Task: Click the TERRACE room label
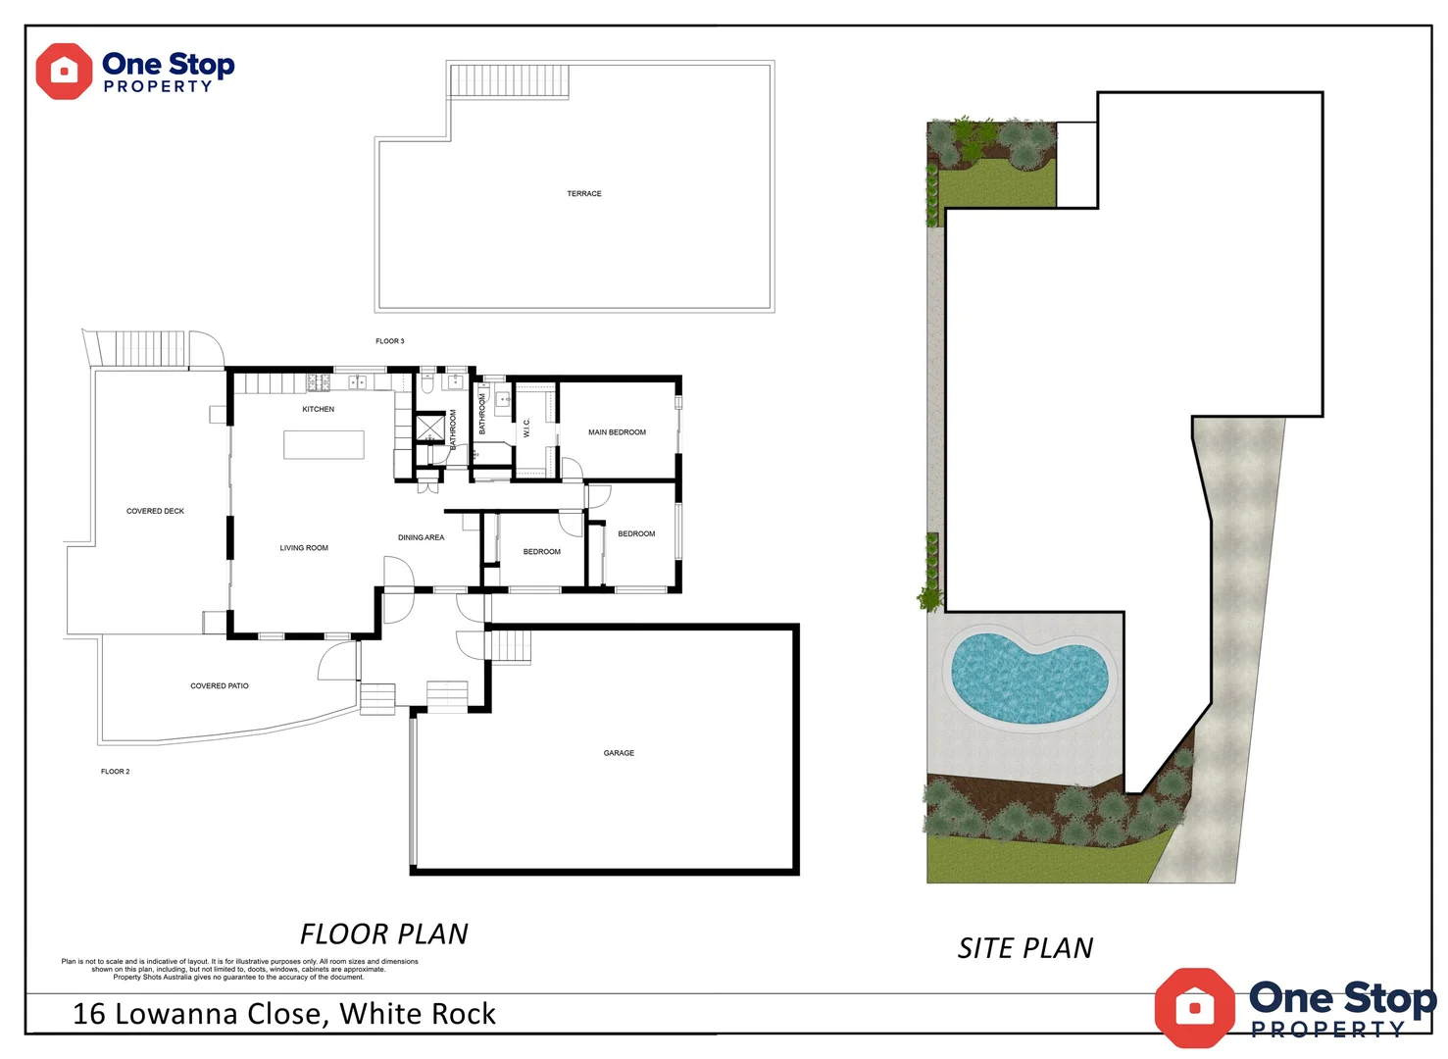[x=584, y=194]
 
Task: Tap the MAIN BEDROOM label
[x=617, y=432]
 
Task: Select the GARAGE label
[x=619, y=753]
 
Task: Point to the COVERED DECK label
[x=155, y=511]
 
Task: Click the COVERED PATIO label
[x=220, y=686]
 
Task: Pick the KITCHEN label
[x=319, y=409]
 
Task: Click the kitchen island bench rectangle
[x=324, y=444]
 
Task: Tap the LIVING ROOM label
[x=304, y=548]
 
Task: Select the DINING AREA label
[x=421, y=537]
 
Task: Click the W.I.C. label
[x=526, y=429]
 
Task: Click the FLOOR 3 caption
[x=389, y=341]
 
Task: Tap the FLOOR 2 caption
[x=115, y=772]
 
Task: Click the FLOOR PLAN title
[x=384, y=933]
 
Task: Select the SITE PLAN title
[x=1025, y=948]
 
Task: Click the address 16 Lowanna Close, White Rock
[x=284, y=1014]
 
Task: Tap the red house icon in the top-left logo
[x=64, y=72]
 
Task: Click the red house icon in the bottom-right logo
[x=1194, y=1007]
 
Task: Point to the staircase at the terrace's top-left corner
[x=509, y=81]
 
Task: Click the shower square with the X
[x=429, y=429]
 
